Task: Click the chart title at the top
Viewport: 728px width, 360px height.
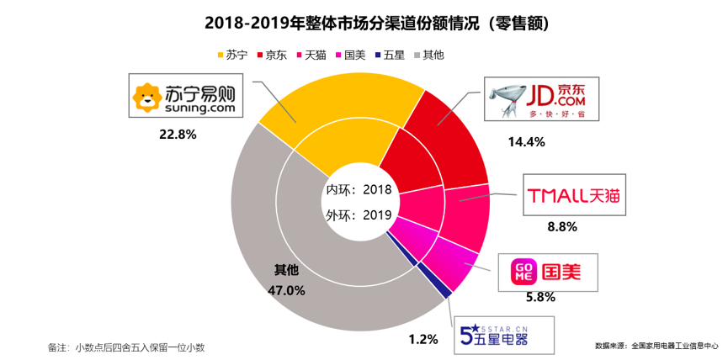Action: click(364, 21)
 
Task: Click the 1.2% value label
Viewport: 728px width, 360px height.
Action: click(423, 340)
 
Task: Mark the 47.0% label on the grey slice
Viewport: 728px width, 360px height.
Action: click(286, 290)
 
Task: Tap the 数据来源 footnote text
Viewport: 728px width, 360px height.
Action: click(656, 345)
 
